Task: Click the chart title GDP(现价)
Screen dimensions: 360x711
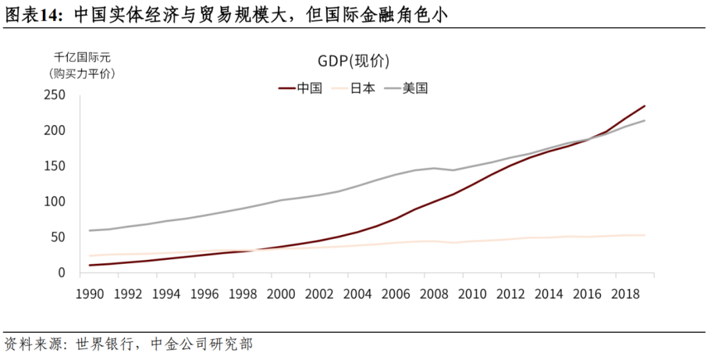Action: [354, 62]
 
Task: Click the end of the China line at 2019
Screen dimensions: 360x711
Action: [645, 106]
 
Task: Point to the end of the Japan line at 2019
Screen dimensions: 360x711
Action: [645, 235]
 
